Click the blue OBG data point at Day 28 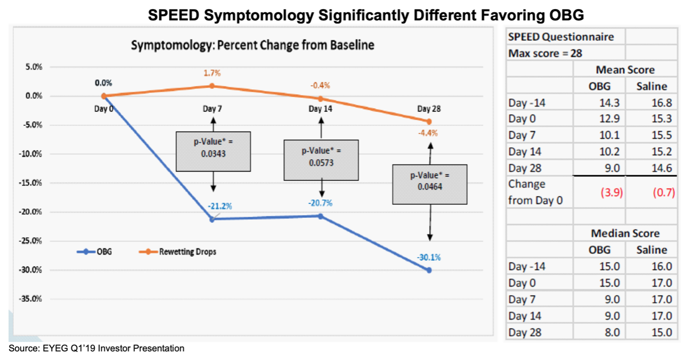[429, 270]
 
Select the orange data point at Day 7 [212, 86]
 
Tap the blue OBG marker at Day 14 [320, 216]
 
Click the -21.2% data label [220, 207]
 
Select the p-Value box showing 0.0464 [429, 184]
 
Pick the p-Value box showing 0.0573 [321, 160]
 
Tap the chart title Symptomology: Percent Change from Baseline [252, 45]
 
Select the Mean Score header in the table [625, 70]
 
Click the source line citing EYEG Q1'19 [96, 349]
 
